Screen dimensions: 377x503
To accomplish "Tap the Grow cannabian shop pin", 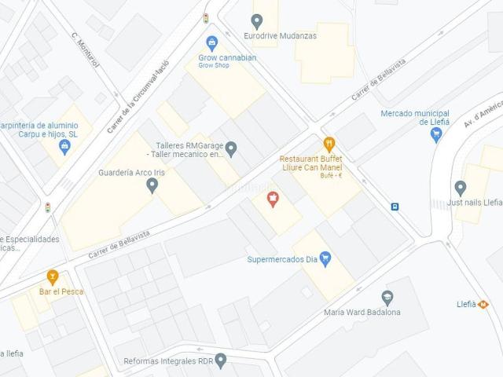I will click(211, 42).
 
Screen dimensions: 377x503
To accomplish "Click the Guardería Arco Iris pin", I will click(152, 185).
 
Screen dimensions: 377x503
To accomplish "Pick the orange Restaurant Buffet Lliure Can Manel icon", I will click(329, 144).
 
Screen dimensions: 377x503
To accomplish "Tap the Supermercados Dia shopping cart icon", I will click(325, 258).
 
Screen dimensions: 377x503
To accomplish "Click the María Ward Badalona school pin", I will click(387, 298).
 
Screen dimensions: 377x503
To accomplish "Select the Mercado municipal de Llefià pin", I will click(437, 134).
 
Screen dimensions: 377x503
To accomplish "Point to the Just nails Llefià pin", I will click(461, 188).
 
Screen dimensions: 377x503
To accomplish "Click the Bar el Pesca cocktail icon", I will click(53, 276).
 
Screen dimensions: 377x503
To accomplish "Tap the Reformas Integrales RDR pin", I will click(221, 361).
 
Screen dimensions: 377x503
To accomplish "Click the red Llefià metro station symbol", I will click(483, 304).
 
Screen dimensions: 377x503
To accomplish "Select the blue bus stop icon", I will click(395, 207).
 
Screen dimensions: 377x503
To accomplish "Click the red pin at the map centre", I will click(273, 199).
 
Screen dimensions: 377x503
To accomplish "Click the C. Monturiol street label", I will click(86, 49).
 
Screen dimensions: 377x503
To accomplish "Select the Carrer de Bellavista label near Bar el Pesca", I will click(119, 236).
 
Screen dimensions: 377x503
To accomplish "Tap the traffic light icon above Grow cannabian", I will click(206, 17).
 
